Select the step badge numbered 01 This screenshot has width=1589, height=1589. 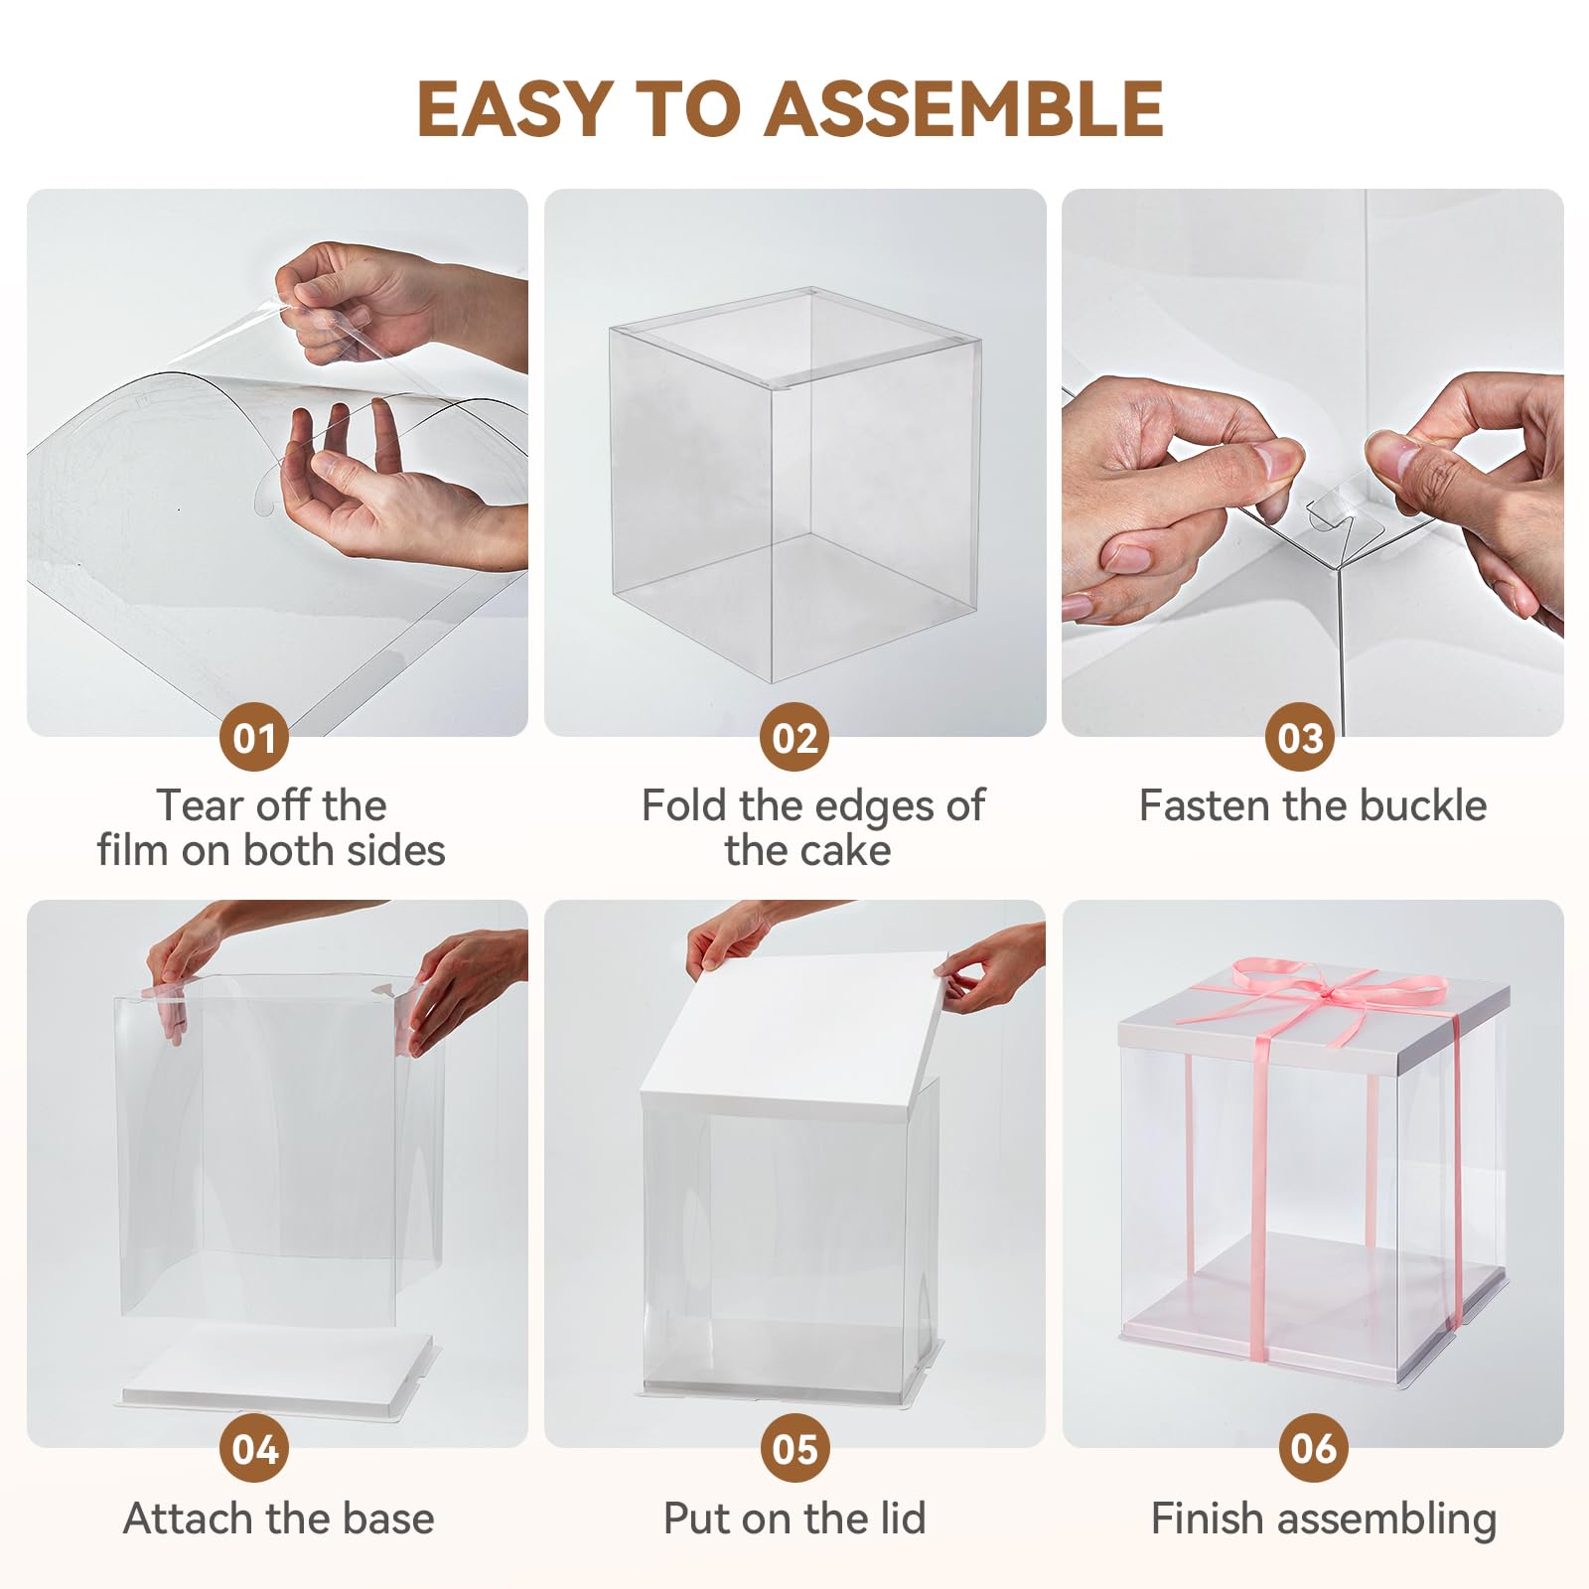click(254, 737)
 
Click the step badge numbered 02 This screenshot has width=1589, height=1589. click(794, 737)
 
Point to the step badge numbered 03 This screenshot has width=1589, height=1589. click(1300, 737)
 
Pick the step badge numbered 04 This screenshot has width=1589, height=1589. click(254, 1448)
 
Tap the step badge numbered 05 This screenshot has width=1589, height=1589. click(794, 1448)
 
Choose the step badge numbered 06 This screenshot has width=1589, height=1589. click(1313, 1448)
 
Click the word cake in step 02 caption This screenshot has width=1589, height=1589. click(843, 851)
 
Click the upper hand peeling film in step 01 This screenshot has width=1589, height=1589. click(397, 303)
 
